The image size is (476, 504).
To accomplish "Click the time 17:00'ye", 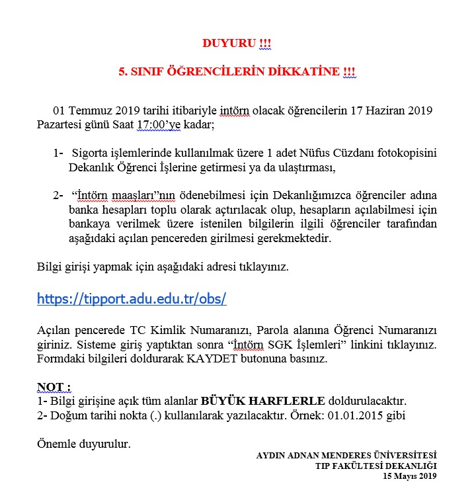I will (x=157, y=124).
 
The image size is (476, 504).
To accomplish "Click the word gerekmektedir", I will (x=289, y=238).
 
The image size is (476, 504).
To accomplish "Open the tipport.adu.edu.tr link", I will (x=132, y=298).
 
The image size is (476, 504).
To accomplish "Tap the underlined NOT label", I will (x=53, y=387).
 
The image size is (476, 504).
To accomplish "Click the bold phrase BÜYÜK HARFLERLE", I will (x=262, y=401).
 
